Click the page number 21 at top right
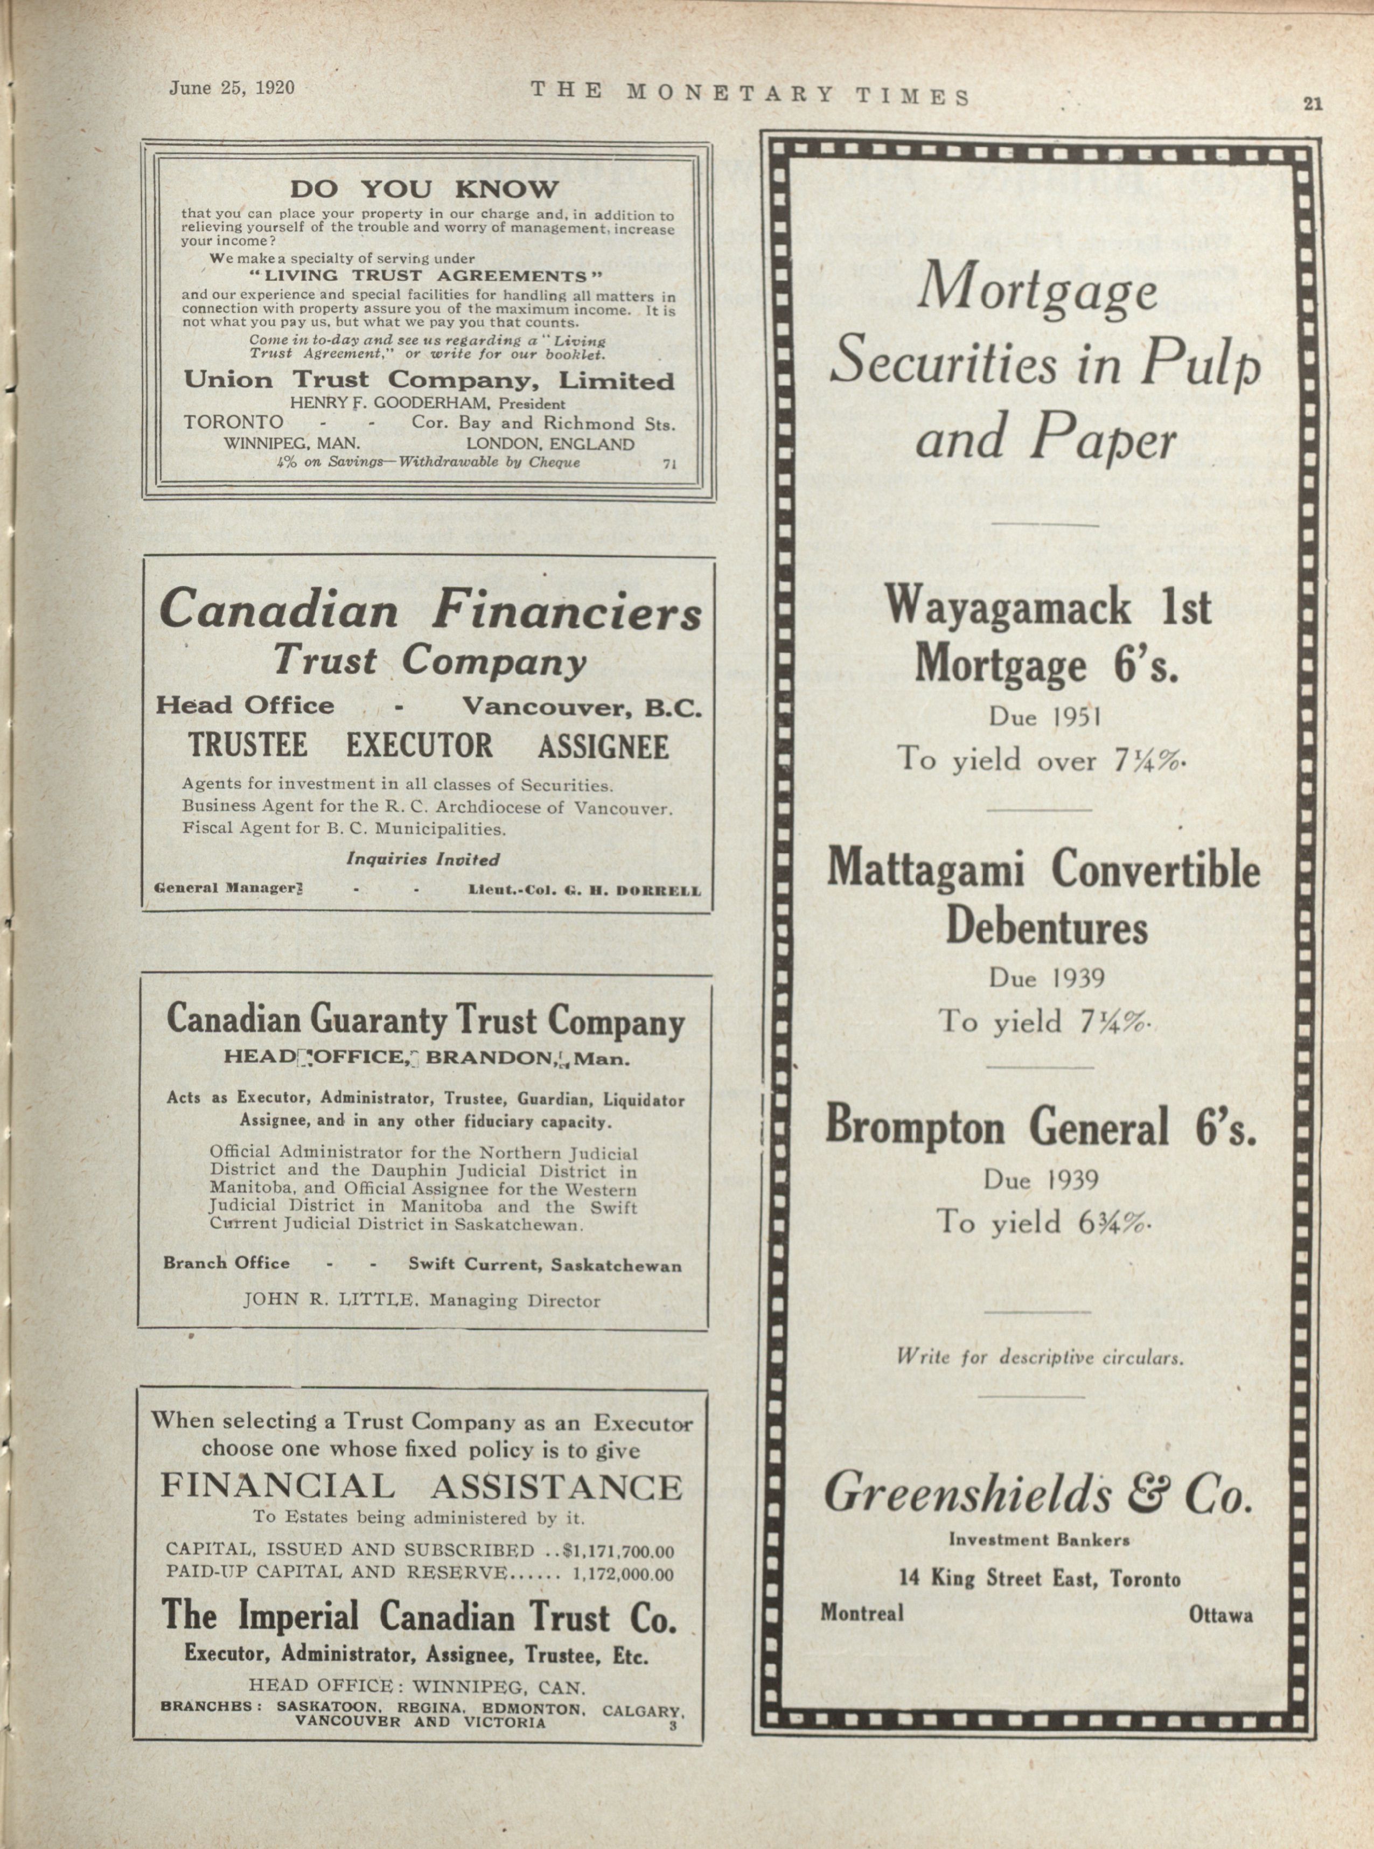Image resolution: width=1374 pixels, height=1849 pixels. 1313,103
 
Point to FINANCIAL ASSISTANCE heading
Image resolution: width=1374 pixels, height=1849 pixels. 421,1487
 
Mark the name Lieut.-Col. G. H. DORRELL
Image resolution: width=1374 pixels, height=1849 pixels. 585,890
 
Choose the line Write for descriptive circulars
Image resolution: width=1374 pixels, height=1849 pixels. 1039,1358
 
